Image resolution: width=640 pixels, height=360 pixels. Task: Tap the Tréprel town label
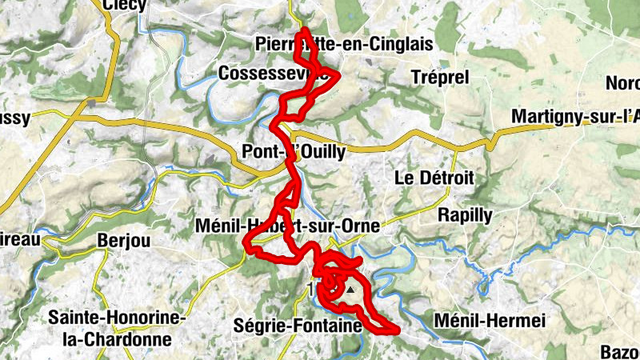click(438, 77)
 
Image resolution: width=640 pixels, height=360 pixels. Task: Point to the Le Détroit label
click(435, 178)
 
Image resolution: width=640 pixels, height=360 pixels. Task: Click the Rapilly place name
click(466, 214)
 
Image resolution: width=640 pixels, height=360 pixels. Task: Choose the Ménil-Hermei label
click(489, 321)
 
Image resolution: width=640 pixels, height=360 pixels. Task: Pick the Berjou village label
click(123, 240)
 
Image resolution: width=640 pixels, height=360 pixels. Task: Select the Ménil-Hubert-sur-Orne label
click(286, 227)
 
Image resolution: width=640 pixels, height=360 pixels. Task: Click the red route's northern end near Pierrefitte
click(302, 32)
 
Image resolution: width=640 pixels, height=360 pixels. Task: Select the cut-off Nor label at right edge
click(622, 83)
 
